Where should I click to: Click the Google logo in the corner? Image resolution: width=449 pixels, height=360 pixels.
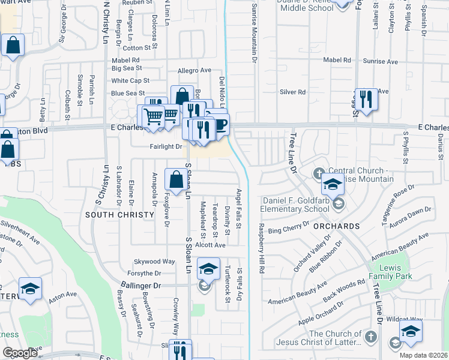click(x=19, y=353)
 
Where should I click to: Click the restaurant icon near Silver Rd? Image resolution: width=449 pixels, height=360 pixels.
click(x=366, y=98)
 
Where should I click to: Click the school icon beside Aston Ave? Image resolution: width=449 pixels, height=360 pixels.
click(x=30, y=289)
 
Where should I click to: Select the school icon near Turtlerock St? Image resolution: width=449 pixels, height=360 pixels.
click(x=208, y=269)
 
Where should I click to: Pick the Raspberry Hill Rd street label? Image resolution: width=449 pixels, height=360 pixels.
click(x=261, y=248)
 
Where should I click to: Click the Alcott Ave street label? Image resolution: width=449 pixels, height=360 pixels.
click(x=209, y=245)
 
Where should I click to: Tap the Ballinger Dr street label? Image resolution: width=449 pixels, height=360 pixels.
click(x=141, y=286)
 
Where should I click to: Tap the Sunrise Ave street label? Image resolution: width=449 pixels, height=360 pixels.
click(x=383, y=61)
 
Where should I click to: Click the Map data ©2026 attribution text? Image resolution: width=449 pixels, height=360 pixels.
click(x=423, y=355)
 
